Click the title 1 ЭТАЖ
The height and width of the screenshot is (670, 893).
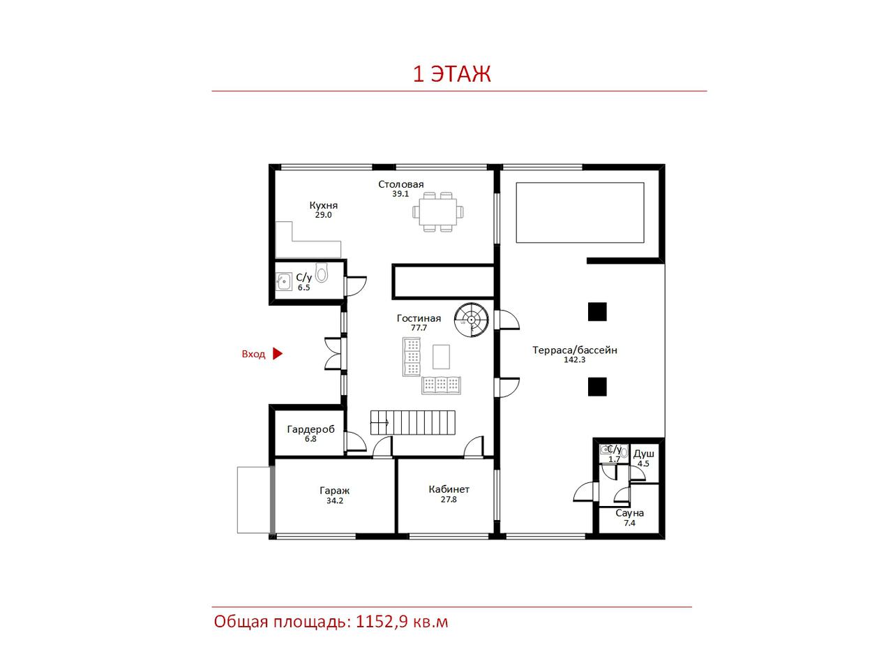(451, 74)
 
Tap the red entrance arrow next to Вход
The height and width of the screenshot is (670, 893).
(277, 354)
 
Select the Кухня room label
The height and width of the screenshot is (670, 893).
(324, 205)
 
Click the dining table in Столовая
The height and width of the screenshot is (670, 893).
(437, 211)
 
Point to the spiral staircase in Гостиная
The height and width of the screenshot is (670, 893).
(472, 320)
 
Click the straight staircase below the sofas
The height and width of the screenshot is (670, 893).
(412, 422)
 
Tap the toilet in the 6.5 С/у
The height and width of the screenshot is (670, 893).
(322, 273)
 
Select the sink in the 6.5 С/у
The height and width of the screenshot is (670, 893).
(284, 281)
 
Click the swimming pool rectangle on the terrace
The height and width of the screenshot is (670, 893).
(580, 212)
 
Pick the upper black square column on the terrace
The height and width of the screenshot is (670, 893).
(597, 311)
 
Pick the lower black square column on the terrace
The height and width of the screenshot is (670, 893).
(597, 387)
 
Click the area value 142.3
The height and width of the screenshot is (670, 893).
(574, 359)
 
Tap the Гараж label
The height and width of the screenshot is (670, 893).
(334, 491)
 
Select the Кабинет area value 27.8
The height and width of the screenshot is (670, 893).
(449, 500)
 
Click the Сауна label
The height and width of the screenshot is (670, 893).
(629, 514)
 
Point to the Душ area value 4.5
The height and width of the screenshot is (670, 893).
(643, 463)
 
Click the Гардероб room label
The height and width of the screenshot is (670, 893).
(311, 429)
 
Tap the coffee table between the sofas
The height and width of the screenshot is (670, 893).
(441, 357)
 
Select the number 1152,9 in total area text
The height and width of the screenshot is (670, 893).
(382, 622)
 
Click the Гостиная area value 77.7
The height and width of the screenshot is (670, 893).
(419, 327)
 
